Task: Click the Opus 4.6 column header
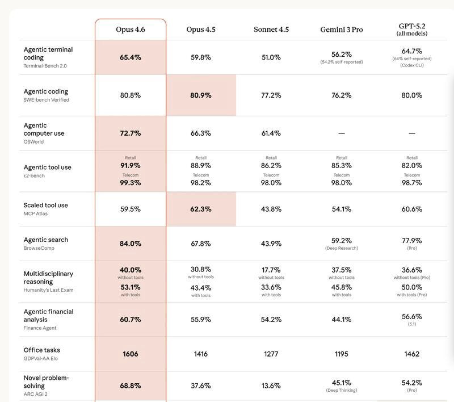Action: pyautogui.click(x=131, y=30)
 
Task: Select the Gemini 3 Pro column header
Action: pyautogui.click(x=342, y=30)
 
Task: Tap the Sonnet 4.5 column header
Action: pyautogui.click(x=271, y=30)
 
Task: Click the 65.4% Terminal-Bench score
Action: pyautogui.click(x=131, y=57)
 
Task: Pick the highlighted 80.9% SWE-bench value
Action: pyautogui.click(x=201, y=95)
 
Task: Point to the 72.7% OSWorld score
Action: pyautogui.click(x=131, y=133)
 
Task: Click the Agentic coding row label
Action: pyautogui.click(x=46, y=91)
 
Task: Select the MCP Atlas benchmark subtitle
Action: pyautogui.click(x=35, y=213)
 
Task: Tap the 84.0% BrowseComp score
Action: pyautogui.click(x=131, y=244)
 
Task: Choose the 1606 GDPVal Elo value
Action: pyautogui.click(x=131, y=354)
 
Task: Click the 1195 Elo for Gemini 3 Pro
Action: pyautogui.click(x=342, y=354)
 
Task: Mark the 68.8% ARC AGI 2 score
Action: pyautogui.click(x=131, y=386)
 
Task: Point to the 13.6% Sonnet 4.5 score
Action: pyautogui.click(x=271, y=386)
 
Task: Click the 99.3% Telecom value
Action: pyautogui.click(x=131, y=183)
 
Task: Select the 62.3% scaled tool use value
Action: pyautogui.click(x=201, y=209)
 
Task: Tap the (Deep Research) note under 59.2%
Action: pyautogui.click(x=342, y=248)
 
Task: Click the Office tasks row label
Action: pyautogui.click(x=41, y=350)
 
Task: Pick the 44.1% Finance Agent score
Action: pyautogui.click(x=342, y=320)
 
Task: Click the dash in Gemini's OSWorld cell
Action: pyautogui.click(x=342, y=133)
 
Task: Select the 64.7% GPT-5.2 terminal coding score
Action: pyautogui.click(x=412, y=51)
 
